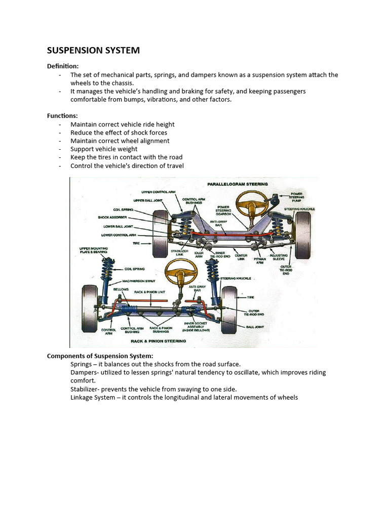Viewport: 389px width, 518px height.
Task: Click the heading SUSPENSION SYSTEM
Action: click(x=93, y=51)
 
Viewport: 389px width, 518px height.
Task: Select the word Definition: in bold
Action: click(x=63, y=66)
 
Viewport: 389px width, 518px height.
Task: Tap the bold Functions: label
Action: click(x=62, y=116)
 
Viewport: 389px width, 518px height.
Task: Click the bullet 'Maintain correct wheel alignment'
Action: click(x=120, y=141)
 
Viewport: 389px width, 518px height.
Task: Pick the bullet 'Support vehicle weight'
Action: click(x=104, y=149)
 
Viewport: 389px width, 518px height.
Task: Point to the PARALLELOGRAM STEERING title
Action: click(x=237, y=184)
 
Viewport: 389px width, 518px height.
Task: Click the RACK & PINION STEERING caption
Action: click(x=158, y=341)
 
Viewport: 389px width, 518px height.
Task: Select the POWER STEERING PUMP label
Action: click(x=297, y=197)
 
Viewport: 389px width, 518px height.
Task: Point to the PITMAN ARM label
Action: click(x=260, y=261)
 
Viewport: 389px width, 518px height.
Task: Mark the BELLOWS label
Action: click(x=121, y=289)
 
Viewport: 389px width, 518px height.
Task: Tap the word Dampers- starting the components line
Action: click(x=85, y=372)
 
